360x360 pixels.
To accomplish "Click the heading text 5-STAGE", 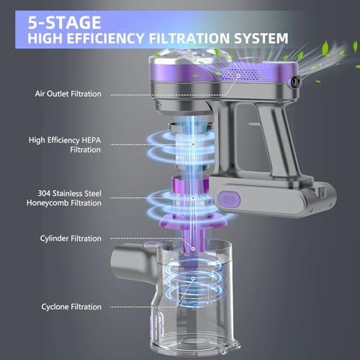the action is coord(64,22).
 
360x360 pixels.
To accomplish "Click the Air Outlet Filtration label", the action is coord(68,94).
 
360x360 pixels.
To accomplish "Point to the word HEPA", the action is coord(91,140).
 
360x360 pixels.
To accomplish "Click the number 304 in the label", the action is coord(44,194).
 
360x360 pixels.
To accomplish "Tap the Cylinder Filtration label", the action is coord(71,238).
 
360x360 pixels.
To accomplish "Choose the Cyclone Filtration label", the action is coord(71,307).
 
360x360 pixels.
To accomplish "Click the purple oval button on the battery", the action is coord(229,199).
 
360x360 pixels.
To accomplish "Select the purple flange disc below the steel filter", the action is coord(194,222).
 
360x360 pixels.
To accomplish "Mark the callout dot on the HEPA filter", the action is coord(193,144).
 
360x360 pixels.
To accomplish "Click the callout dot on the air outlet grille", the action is coord(238,76).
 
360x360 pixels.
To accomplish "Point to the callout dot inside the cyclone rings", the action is coord(193,279).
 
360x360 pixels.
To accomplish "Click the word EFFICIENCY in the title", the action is coord(105,38).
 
